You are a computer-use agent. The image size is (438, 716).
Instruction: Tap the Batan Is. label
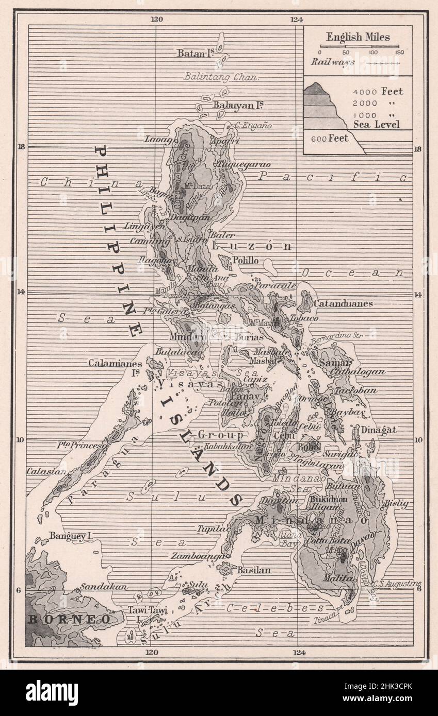click(195, 53)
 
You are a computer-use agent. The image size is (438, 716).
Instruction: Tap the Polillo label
click(246, 261)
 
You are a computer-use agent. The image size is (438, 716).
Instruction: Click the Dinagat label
click(378, 429)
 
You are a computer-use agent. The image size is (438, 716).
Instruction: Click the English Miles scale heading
click(358, 37)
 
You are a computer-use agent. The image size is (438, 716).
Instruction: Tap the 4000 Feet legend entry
click(378, 92)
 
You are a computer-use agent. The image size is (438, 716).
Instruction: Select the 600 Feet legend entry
click(329, 138)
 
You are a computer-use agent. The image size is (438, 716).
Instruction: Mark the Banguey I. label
click(71, 536)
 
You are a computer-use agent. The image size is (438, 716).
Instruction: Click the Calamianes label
click(115, 363)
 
